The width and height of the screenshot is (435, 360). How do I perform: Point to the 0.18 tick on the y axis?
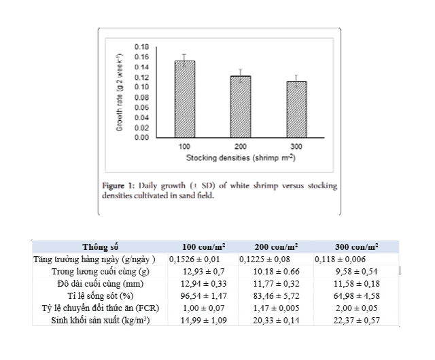tap(141, 46)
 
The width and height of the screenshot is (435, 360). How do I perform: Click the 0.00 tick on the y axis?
tap(141, 138)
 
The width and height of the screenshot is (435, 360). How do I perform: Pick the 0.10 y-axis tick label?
tap(141, 87)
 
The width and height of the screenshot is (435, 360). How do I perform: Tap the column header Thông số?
tap(100, 247)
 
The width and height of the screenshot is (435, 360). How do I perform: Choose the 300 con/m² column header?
tap(357, 247)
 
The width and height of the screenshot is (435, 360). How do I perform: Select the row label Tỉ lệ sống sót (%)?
tap(101, 296)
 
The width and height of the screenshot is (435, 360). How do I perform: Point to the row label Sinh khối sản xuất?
tap(101, 321)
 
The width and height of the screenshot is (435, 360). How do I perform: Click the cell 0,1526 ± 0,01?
tap(198, 259)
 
